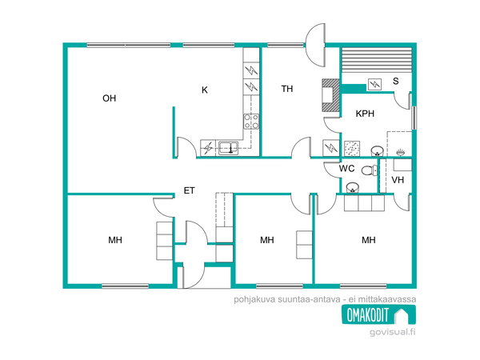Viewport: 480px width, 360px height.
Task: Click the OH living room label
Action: coord(110,98)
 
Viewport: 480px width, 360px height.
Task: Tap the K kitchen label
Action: coord(205,90)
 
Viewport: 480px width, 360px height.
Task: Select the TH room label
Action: coord(287,89)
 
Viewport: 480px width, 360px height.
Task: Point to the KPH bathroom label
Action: coord(365,114)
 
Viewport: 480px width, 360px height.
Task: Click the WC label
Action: coord(347,168)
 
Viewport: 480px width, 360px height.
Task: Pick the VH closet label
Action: coord(398,180)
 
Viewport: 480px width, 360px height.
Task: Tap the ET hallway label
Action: coord(189,190)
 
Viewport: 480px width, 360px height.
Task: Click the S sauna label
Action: coord(396,81)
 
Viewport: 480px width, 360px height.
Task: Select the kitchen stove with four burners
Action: coord(251,122)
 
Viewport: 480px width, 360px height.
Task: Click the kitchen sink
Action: coord(228,147)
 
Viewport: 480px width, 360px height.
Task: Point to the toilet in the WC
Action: coord(370,170)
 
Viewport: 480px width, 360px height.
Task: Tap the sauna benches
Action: coord(377,60)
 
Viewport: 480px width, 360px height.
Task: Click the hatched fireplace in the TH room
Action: coord(330,95)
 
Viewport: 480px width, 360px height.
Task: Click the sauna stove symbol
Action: coord(374,83)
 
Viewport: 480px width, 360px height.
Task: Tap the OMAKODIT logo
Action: coord(378,314)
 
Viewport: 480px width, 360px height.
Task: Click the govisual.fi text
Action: coord(393,332)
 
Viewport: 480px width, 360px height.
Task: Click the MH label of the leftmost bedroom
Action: coord(115,240)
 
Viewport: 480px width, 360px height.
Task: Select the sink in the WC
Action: coord(352,188)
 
